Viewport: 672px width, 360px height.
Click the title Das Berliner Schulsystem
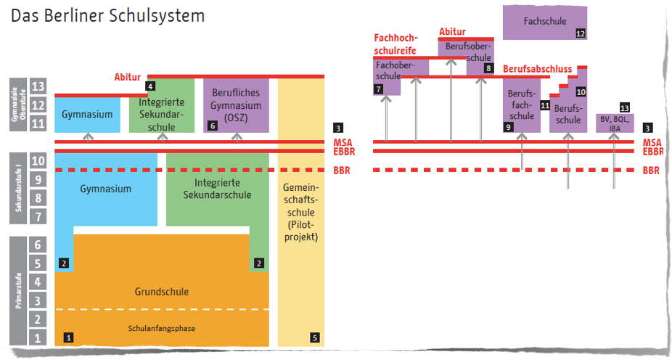[x=107, y=15]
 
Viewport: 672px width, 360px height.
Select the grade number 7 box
[x=39, y=216]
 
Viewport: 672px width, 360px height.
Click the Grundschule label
[x=161, y=292]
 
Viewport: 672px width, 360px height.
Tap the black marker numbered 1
[x=69, y=337]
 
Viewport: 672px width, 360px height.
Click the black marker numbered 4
[x=150, y=86]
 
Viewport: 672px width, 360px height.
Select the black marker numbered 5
[x=314, y=337]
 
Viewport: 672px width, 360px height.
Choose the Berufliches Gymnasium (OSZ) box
[x=237, y=105]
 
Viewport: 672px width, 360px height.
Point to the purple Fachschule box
[x=544, y=22]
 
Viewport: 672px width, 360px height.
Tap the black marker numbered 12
[x=580, y=33]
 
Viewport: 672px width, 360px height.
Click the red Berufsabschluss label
[x=538, y=70]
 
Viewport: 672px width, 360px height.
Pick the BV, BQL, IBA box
[x=615, y=123]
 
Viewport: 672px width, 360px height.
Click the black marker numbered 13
[x=624, y=107]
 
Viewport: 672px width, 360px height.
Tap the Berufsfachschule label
[x=521, y=106]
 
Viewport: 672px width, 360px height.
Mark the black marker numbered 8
[x=488, y=68]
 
